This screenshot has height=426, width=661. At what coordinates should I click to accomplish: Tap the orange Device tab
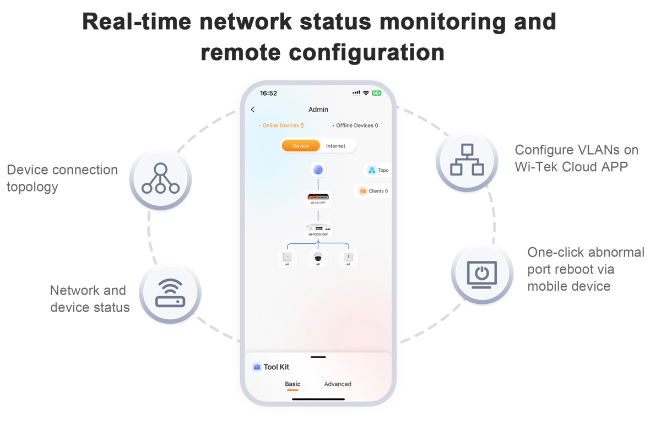pyautogui.click(x=301, y=146)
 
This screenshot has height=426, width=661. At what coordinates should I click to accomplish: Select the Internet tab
pyautogui.click(x=335, y=146)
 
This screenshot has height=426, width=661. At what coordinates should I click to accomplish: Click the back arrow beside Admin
pyautogui.click(x=253, y=110)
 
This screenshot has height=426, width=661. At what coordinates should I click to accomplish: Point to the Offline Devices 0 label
pyautogui.click(x=356, y=125)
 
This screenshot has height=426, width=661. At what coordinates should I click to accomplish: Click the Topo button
pyautogui.click(x=378, y=171)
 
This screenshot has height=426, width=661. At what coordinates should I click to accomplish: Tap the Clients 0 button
pyautogui.click(x=374, y=191)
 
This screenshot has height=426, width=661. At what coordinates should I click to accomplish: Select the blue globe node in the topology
pyautogui.click(x=318, y=170)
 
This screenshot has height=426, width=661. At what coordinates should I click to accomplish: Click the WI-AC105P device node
pyautogui.click(x=318, y=198)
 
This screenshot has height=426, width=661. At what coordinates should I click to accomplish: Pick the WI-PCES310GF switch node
pyautogui.click(x=318, y=230)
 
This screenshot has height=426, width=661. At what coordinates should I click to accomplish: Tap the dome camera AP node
pyautogui.click(x=318, y=258)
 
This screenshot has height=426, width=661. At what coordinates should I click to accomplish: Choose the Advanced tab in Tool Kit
pyautogui.click(x=338, y=384)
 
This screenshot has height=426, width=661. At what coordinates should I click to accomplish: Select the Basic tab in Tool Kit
pyautogui.click(x=292, y=384)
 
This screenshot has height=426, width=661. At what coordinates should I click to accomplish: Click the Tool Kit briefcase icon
pyautogui.click(x=257, y=367)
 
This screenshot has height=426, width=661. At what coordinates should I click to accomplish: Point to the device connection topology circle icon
pyautogui.click(x=160, y=179)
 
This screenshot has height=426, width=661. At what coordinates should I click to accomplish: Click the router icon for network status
pyautogui.click(x=170, y=293)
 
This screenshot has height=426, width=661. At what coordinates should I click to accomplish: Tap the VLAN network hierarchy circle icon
pyautogui.click(x=467, y=160)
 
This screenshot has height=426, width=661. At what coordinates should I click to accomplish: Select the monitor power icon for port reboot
pyautogui.click(x=482, y=274)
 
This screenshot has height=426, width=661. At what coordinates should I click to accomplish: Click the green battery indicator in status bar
pyautogui.click(x=377, y=93)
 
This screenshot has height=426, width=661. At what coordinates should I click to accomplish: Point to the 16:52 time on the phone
pyautogui.click(x=268, y=94)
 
